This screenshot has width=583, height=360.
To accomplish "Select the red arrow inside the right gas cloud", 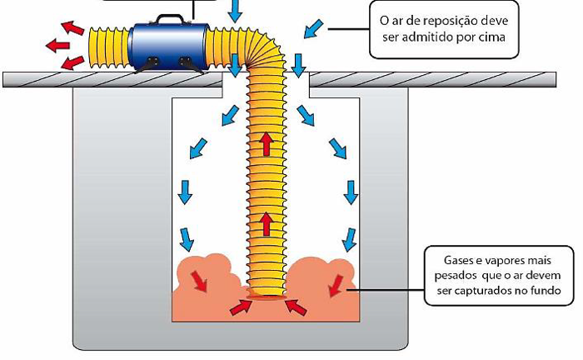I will (x=337, y=285).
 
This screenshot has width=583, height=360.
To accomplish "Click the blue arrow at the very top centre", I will (x=235, y=9).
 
